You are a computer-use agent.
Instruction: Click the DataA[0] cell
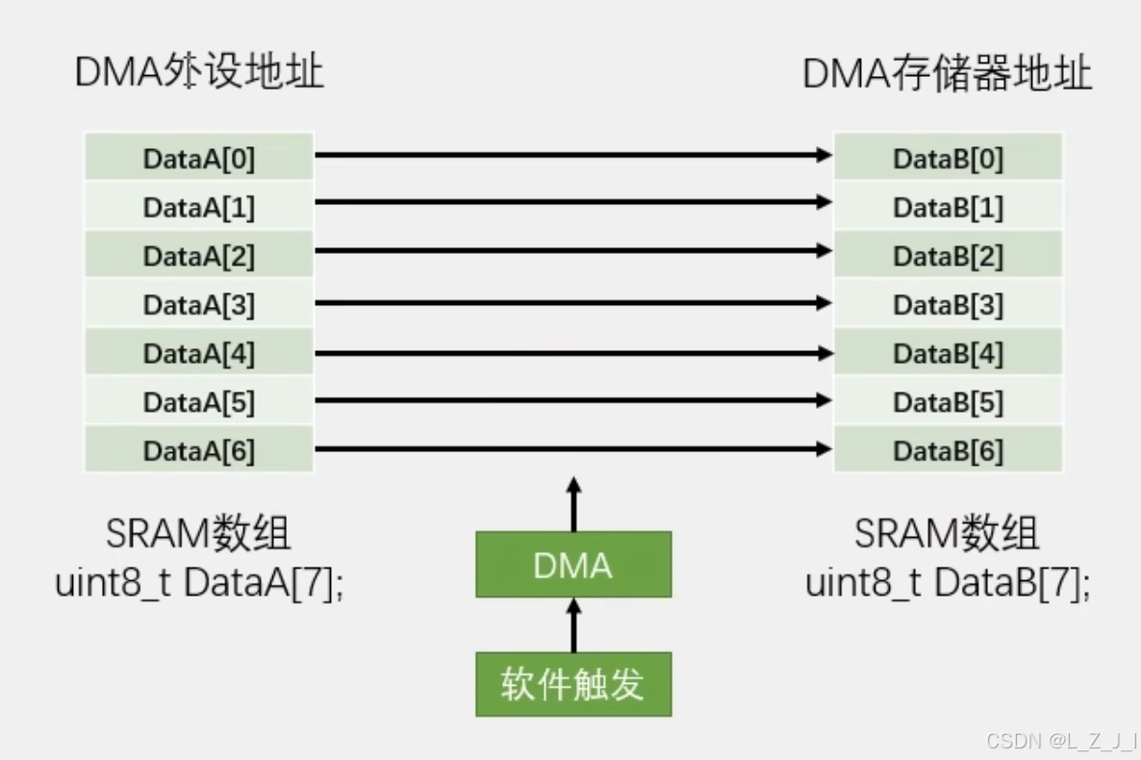199,158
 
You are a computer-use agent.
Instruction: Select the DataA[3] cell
199,304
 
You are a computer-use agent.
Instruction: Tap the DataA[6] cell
199,450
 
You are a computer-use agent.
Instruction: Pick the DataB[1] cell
948,207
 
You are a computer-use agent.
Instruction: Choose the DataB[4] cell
948,353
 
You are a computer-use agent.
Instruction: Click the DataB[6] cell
948,450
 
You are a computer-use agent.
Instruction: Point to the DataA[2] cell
199,256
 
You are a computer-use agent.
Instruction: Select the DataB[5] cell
948,401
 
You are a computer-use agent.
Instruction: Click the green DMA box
573,565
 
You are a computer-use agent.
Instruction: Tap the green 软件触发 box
573,684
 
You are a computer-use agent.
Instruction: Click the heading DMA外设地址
199,73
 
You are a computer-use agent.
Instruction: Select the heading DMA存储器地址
947,74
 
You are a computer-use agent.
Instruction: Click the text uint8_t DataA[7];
199,583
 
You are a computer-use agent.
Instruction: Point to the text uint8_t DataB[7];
948,583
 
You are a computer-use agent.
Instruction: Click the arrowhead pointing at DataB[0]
823,154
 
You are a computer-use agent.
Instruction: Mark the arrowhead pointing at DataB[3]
823,303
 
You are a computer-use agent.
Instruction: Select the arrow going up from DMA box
574,503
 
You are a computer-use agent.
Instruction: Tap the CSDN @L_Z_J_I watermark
1061,740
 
